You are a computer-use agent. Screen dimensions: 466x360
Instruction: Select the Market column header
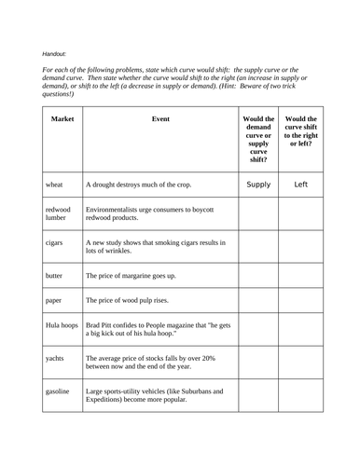tap(62, 120)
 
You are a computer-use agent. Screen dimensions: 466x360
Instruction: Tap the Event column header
tap(159, 120)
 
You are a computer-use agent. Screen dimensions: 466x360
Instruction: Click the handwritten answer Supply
tap(258, 185)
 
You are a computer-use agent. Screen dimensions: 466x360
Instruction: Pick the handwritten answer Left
tap(300, 185)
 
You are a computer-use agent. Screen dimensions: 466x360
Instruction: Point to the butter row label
tap(55, 276)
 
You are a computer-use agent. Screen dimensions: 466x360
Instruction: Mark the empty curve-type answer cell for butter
tap(258, 276)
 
